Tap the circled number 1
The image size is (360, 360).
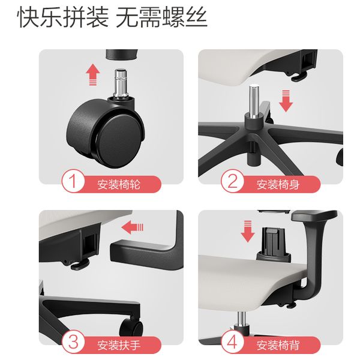73,182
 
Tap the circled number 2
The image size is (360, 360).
231,182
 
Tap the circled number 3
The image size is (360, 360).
73,343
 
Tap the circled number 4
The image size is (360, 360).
231,343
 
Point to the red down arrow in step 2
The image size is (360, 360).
286,100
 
